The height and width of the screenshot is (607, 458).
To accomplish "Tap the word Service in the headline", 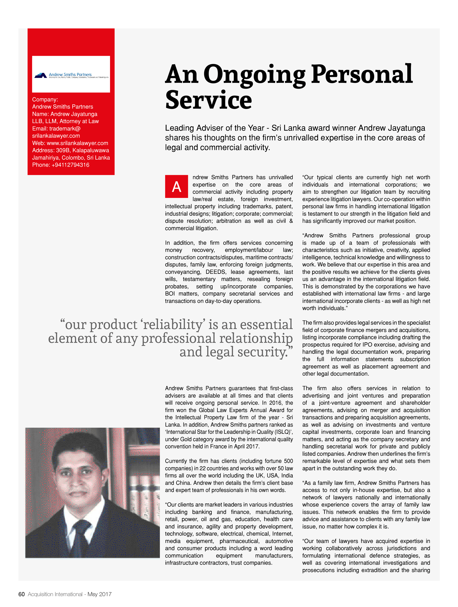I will [x=208, y=100].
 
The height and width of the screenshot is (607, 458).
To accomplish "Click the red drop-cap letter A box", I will [x=176, y=186].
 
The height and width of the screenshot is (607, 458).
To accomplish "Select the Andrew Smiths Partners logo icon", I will [x=40, y=75].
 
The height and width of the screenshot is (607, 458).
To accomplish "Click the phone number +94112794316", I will [x=70, y=165].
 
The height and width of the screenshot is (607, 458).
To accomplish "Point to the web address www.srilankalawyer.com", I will [x=77, y=143].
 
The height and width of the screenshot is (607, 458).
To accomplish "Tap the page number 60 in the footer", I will [x=21, y=594].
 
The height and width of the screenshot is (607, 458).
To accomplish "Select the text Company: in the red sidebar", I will [x=45, y=100].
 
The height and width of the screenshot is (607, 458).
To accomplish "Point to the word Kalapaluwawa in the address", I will [x=91, y=150].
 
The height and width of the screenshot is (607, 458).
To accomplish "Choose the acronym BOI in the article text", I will [x=170, y=294].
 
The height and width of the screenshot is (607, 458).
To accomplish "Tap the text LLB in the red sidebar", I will [x=37, y=121].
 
